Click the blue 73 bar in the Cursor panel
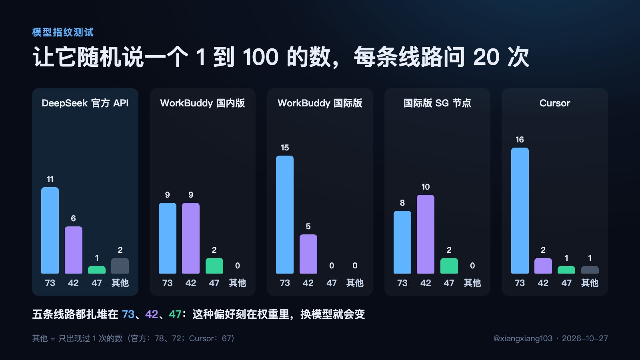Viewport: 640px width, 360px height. [520, 210]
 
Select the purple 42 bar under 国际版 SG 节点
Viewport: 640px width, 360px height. [426, 234]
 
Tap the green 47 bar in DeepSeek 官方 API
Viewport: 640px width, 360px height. [96, 270]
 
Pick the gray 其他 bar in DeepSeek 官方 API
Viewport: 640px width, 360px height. [120, 266]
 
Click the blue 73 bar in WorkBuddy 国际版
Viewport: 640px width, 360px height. [285, 214]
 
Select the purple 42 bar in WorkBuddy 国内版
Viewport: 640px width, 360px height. [191, 238]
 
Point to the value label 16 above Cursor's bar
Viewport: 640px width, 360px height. [520, 140]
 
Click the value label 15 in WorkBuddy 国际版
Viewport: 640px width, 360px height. [285, 148]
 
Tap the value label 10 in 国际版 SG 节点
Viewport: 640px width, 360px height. [426, 187]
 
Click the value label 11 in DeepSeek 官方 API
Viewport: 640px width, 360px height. [50, 179]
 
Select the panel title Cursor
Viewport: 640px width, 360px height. [554, 103]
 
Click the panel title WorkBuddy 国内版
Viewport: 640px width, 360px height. [202, 103]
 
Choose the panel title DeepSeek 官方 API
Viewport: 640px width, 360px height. [85, 103]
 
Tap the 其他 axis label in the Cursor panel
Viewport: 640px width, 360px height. [590, 283]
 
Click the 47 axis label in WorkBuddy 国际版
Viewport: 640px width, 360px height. [332, 283]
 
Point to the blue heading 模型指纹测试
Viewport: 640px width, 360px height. [63, 32]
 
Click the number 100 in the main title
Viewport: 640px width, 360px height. [260, 57]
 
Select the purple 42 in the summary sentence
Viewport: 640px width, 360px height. [152, 314]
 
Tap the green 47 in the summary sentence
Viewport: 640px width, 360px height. [175, 314]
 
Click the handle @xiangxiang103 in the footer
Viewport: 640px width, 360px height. [523, 338]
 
